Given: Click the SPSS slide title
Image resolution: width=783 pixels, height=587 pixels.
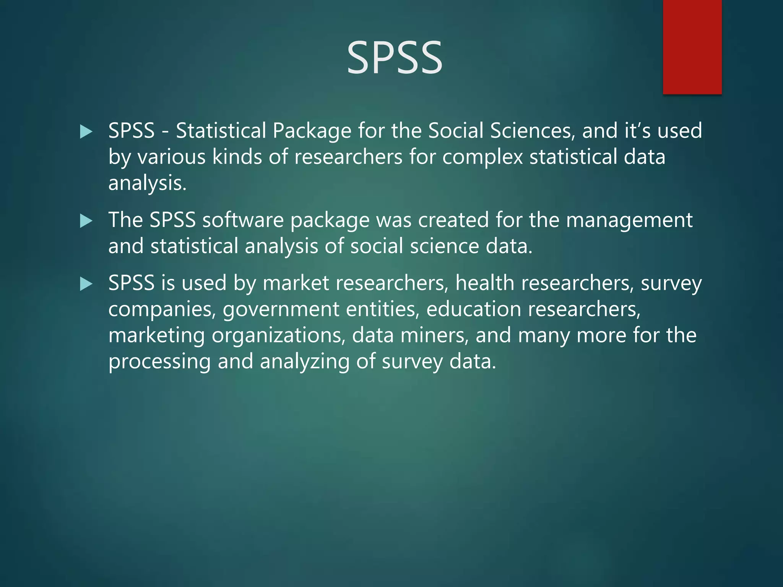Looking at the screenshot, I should point(394,58).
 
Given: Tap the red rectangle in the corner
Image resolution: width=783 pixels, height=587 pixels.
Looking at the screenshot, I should point(692,47).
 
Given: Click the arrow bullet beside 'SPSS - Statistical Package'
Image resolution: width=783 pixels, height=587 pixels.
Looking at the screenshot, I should point(86,132).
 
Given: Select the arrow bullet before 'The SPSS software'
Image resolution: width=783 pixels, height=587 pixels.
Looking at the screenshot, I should point(86,221).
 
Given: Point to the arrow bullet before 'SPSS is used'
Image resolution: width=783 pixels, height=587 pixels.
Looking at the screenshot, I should point(86,284).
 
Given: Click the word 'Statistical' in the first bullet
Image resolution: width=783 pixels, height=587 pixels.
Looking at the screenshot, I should point(221,131).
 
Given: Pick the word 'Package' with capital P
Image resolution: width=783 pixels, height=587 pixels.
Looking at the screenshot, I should point(312,131).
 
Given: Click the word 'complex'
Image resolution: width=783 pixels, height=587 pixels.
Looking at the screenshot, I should point(482,157).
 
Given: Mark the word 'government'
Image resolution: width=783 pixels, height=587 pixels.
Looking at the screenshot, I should point(281,310).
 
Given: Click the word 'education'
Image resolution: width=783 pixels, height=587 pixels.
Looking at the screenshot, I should point(473,309).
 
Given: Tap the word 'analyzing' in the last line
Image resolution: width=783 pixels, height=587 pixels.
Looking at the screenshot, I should point(304,362).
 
